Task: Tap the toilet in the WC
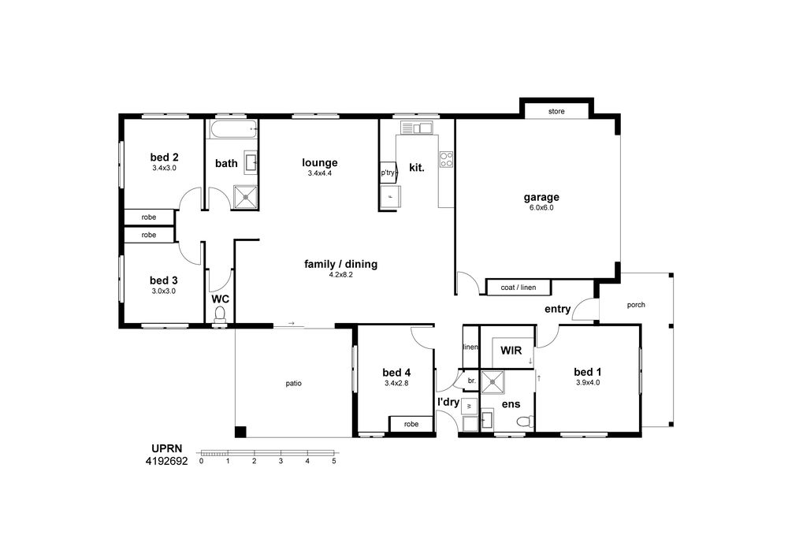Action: tap(220, 316)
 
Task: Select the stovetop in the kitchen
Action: tap(446, 159)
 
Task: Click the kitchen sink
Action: tap(416, 128)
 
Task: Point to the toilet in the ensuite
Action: tap(525, 421)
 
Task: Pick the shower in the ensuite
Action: tap(492, 383)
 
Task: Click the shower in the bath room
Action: tap(246, 198)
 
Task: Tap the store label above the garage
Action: tap(556, 112)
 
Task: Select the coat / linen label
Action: tap(519, 288)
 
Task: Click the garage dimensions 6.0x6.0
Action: tap(541, 207)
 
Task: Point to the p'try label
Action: tap(388, 173)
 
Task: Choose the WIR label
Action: tap(511, 350)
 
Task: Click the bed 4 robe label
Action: tap(411, 425)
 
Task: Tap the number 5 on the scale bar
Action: tap(333, 461)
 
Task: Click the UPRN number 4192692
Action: tap(166, 461)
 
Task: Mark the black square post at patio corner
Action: tap(240, 432)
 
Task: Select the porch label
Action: tap(636, 305)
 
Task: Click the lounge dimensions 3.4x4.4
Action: tap(320, 173)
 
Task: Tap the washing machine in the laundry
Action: tap(470, 406)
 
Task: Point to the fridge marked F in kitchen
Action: tap(391, 196)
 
